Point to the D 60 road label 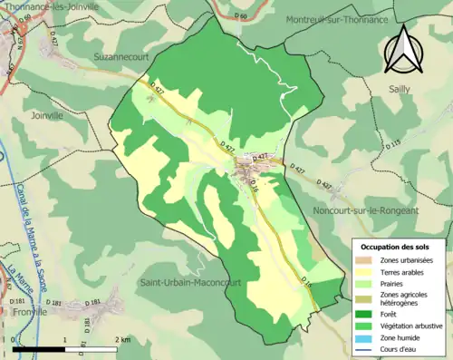pos(239,16)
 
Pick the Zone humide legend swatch pos(366,337)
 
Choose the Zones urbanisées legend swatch pos(366,259)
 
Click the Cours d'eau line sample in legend pos(366,348)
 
